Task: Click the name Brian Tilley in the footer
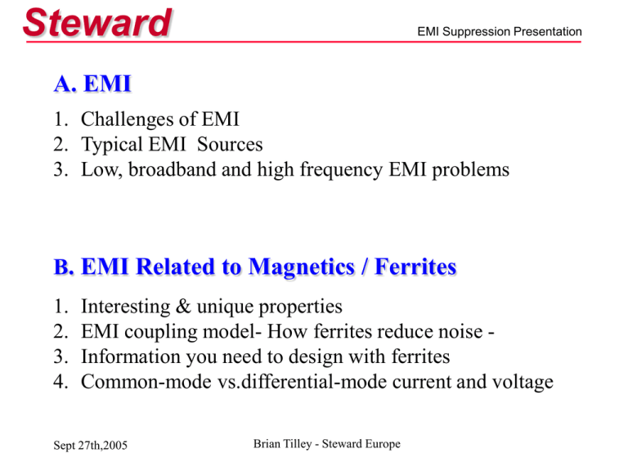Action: (283, 444)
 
